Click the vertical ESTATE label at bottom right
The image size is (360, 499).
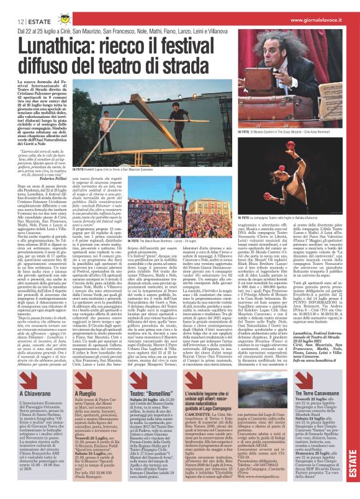point(352,472)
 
